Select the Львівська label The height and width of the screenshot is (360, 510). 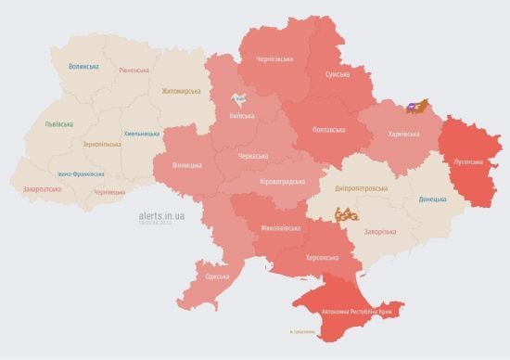click(x=59, y=123)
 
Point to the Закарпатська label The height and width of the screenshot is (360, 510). click(x=43, y=188)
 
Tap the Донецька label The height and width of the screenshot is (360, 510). click(x=432, y=199)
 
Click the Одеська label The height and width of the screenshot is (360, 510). click(x=218, y=276)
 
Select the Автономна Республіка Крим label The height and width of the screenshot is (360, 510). click(x=357, y=312)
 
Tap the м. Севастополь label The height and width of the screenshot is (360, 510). click(x=303, y=332)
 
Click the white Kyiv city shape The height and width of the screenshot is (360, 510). click(x=237, y=97)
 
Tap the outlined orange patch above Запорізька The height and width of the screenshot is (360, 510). click(x=348, y=213)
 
